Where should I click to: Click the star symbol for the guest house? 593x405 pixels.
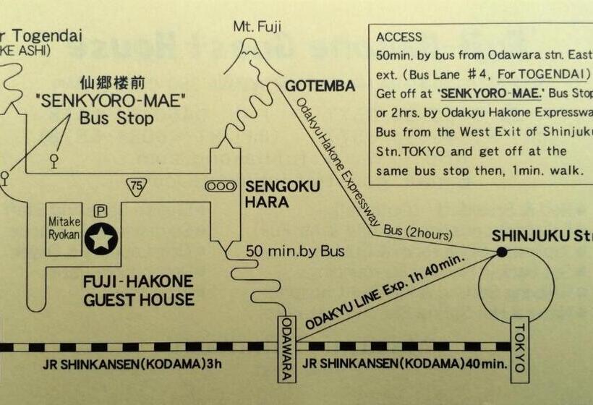tap(101, 238)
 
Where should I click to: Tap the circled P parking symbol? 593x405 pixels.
tap(101, 211)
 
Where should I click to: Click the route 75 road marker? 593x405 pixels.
tap(135, 186)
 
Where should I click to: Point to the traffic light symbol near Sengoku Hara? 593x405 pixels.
tap(221, 186)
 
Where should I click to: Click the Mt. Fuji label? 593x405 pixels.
tap(257, 27)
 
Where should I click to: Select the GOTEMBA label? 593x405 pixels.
tap(320, 87)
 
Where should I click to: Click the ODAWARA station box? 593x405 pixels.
tap(287, 349)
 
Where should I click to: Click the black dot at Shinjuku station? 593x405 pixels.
tap(501, 252)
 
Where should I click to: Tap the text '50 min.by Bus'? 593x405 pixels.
tap(295, 252)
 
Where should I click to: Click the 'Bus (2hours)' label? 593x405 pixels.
tap(417, 234)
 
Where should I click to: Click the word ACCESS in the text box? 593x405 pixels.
tap(399, 37)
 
